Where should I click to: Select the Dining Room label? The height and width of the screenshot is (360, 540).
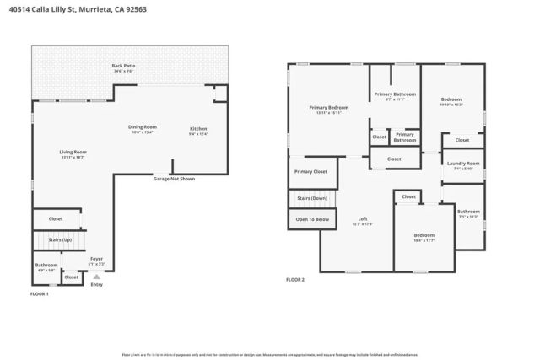(143, 129)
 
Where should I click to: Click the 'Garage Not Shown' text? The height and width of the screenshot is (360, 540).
(173, 179)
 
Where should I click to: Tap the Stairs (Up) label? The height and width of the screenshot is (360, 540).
(54, 240)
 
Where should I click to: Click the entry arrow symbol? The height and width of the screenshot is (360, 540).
(97, 276)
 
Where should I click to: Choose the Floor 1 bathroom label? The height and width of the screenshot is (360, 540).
(46, 267)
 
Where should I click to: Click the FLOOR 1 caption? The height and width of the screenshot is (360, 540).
(40, 294)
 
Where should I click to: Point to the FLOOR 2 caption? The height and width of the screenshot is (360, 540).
(295, 279)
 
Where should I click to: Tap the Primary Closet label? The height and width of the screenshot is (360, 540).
(310, 172)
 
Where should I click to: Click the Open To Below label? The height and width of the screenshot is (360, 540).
(311, 219)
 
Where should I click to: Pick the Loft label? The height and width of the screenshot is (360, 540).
(362, 221)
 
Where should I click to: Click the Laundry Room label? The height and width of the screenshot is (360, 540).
(463, 165)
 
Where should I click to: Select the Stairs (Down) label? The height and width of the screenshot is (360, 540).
(311, 198)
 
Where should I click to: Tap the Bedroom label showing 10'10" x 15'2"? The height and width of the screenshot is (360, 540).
(451, 101)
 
